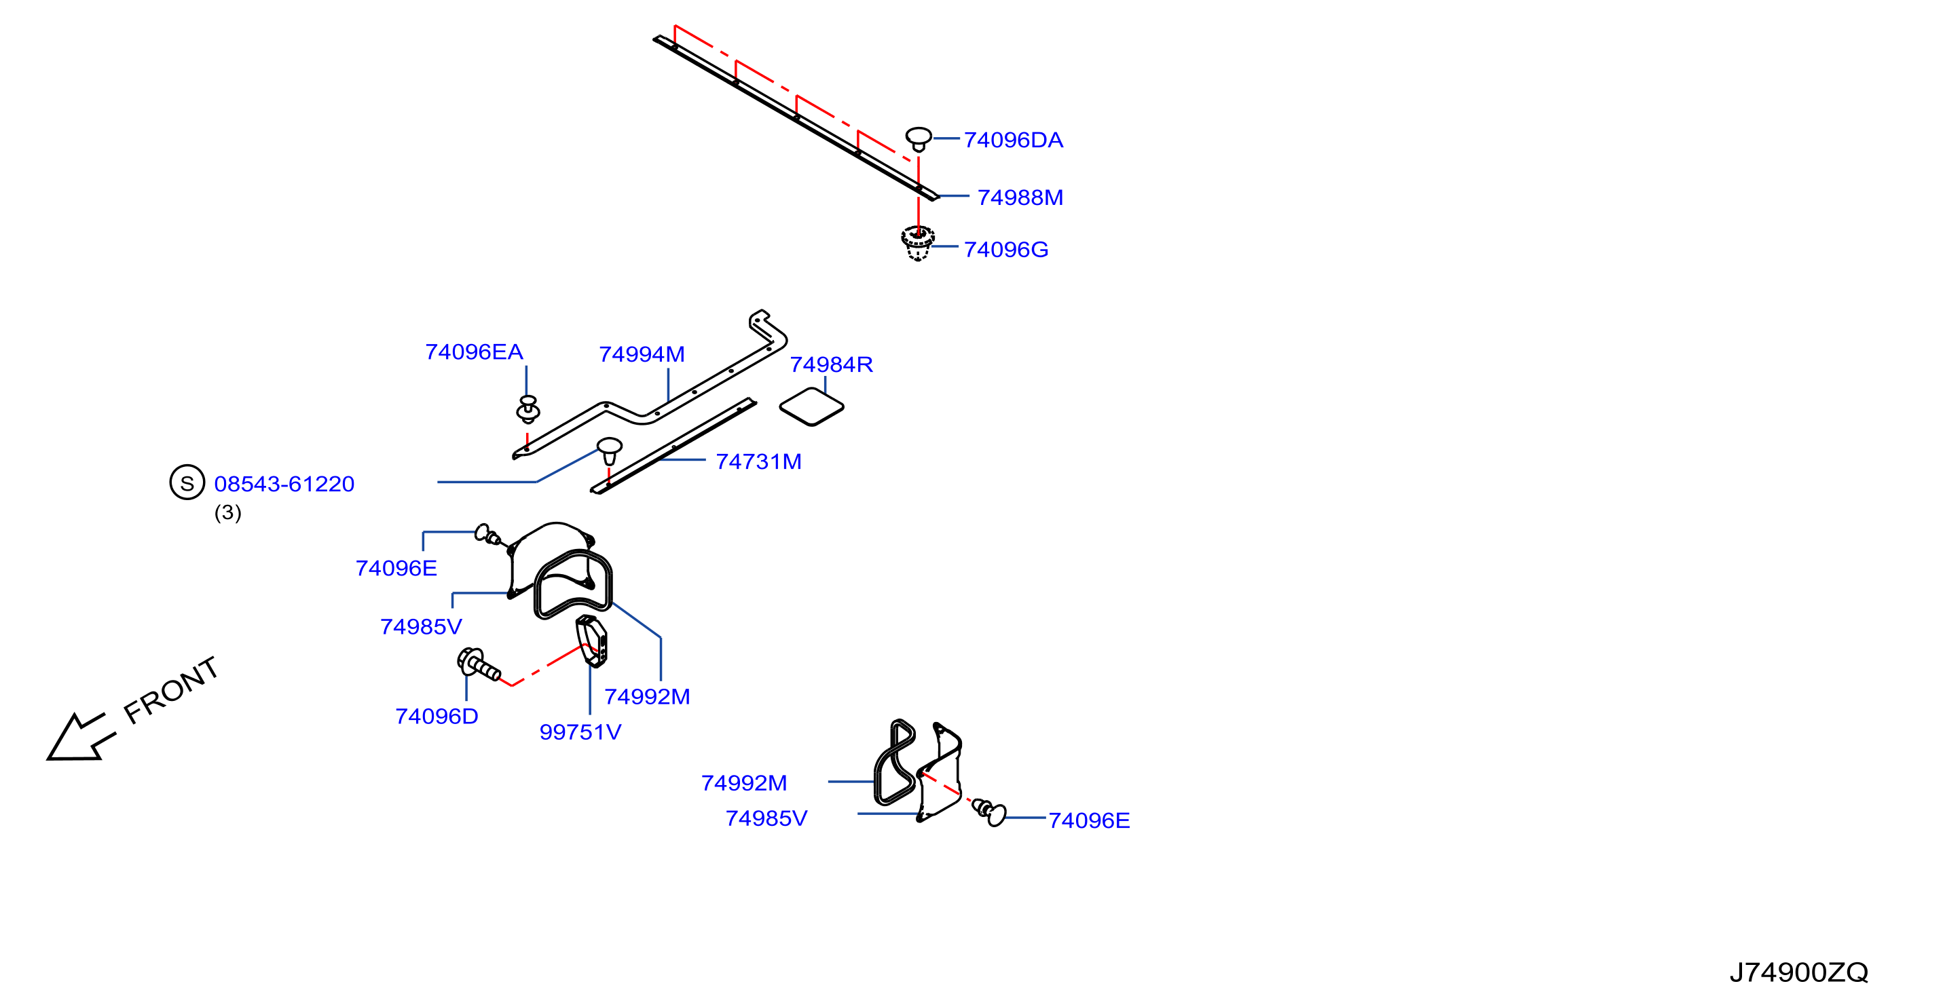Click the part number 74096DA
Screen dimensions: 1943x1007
click(x=1013, y=140)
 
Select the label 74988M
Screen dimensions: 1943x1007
click(x=1020, y=197)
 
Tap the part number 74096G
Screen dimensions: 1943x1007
click(x=1006, y=250)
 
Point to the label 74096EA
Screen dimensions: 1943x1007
click(x=474, y=352)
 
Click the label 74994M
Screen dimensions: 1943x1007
click(x=642, y=354)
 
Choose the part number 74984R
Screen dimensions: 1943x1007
click(x=831, y=365)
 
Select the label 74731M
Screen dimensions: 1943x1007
click(x=758, y=461)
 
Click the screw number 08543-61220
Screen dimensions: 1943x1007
click(x=284, y=484)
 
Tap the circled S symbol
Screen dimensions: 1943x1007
click(x=187, y=482)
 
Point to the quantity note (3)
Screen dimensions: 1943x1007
click(x=228, y=512)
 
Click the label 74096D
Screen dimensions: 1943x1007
click(x=437, y=716)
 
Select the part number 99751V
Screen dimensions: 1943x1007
click(x=580, y=732)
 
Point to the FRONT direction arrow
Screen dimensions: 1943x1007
click(x=81, y=737)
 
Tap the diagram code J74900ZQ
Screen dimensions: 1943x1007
click(x=1799, y=972)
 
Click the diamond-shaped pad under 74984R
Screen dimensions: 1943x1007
click(x=811, y=407)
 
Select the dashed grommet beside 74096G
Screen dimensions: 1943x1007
click(x=917, y=243)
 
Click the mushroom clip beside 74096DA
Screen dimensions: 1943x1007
click(x=919, y=139)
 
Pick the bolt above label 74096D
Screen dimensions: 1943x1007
click(x=478, y=665)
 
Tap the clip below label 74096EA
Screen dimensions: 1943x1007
click(x=528, y=409)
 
